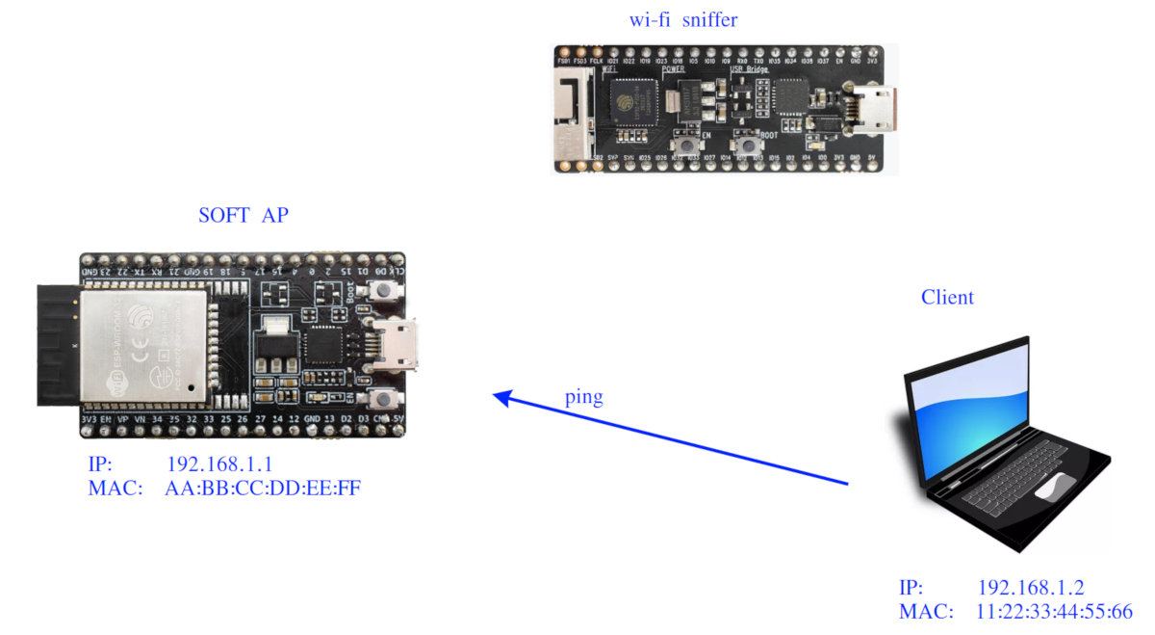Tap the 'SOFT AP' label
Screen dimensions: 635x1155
pyautogui.click(x=243, y=216)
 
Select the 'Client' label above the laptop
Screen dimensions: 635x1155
pyautogui.click(x=947, y=297)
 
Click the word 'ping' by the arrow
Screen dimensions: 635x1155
pyautogui.click(x=584, y=397)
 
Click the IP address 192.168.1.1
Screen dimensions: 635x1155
pyautogui.click(x=220, y=463)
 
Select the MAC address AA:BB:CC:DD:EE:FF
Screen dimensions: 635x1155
pyautogui.click(x=264, y=488)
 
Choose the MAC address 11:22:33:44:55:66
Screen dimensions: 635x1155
pyautogui.click(x=1055, y=611)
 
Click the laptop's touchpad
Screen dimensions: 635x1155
pyautogui.click(x=1055, y=486)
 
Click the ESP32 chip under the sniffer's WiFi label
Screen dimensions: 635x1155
pyautogui.click(x=630, y=97)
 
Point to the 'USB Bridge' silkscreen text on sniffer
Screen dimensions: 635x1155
pyautogui.click(x=750, y=70)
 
